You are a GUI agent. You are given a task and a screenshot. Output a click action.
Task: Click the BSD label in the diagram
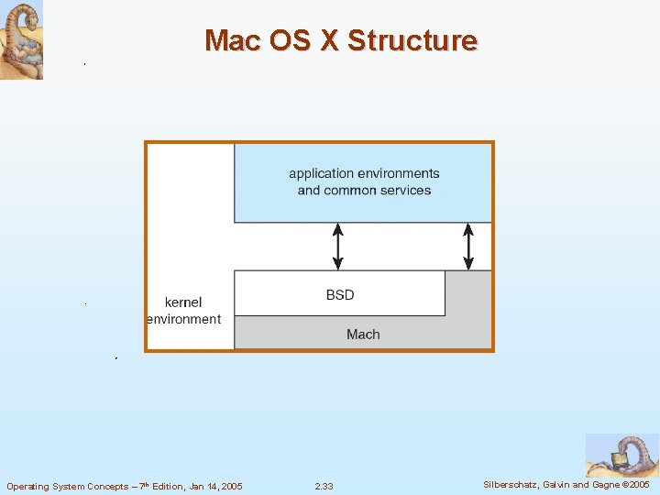click(339, 294)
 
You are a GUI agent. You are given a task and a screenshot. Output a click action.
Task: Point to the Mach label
click(363, 335)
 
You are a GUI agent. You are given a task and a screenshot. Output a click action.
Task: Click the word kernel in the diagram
click(183, 302)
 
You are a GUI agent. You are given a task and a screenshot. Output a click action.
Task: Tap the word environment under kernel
click(183, 319)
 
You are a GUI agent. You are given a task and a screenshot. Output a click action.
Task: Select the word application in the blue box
click(321, 173)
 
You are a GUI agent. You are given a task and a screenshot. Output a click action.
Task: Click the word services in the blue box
click(402, 191)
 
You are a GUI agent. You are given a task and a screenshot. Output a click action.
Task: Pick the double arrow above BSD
click(338, 246)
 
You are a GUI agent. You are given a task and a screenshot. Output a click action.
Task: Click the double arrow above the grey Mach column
click(468, 246)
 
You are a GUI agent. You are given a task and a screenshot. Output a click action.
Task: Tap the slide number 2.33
click(324, 486)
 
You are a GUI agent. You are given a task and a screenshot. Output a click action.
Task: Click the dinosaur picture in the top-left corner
click(21, 39)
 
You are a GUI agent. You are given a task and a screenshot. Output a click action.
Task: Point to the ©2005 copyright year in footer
click(634, 485)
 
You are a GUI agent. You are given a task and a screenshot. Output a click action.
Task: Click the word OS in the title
click(289, 40)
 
